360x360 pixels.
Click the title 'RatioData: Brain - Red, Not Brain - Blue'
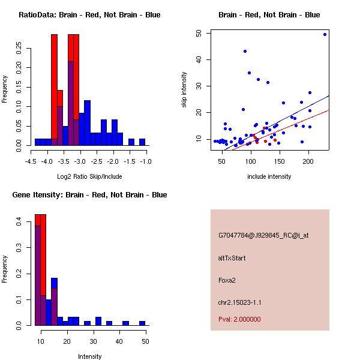coord(89,15)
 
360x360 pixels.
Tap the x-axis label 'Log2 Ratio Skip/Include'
coord(88,176)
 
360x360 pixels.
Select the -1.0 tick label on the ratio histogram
coord(145,161)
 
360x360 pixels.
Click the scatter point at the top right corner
coord(325,34)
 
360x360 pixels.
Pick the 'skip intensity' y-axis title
coord(185,90)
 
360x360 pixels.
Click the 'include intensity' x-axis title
coord(269,176)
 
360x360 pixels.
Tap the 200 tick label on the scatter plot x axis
coord(308,161)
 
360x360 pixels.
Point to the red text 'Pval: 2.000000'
coord(239,320)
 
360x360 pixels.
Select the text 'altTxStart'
coord(232,259)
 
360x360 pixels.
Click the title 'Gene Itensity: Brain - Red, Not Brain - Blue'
coord(89,195)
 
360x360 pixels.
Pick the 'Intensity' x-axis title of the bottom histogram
coord(89,356)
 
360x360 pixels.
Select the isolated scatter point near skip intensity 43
coord(245,52)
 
